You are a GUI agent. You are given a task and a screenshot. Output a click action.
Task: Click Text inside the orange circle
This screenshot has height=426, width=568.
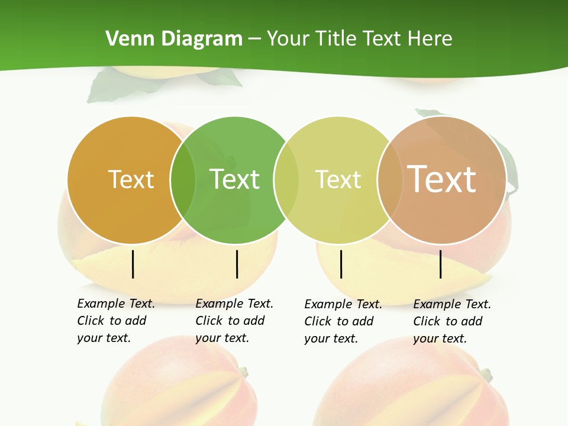pos(131,179)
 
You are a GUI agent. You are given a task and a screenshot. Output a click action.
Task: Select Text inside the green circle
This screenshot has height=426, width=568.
pos(235,179)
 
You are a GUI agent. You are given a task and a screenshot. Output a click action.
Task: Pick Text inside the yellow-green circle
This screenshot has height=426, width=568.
pos(338,179)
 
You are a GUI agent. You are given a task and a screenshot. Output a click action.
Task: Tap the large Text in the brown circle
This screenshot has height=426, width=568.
pos(442,179)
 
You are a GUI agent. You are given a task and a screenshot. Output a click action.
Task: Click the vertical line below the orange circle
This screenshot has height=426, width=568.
pos(133,264)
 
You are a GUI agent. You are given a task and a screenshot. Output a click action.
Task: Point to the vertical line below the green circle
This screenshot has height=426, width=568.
pos(237,264)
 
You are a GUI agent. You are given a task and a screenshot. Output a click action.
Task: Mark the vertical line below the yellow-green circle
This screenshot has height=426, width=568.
pos(341,264)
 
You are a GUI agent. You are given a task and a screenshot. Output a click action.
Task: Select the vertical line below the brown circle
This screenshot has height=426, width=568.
pos(441,264)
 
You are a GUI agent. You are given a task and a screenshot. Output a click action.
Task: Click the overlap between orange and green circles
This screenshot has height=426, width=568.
pos(183,180)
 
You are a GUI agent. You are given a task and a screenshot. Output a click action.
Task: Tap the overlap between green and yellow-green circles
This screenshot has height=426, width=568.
pos(286,180)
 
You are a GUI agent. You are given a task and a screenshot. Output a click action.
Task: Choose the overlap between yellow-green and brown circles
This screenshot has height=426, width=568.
pos(390,180)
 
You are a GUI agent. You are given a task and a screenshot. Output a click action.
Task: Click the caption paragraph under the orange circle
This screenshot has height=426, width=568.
pos(116,321)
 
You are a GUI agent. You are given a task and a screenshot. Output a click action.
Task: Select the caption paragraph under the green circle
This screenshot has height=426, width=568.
pos(234,321)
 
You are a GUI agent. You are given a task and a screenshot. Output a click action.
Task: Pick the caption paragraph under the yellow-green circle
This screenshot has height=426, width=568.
pos(343,321)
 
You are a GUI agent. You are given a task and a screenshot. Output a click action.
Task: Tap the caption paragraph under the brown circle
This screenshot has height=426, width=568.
pos(452,321)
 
